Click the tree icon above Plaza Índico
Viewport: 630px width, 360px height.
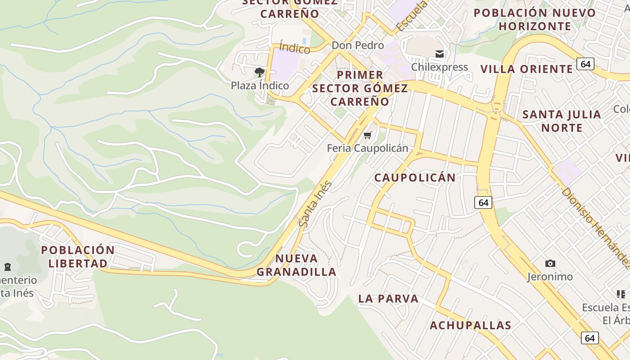pos(259,72)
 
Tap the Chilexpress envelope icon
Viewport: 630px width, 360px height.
pos(440,54)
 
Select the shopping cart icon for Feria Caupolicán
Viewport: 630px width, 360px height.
pos(368,135)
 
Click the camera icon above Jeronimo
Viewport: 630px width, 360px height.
pos(550,263)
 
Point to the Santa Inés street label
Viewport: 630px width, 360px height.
pos(315,204)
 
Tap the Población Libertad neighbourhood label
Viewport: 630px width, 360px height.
pos(78,256)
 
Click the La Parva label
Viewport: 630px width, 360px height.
pos(388,298)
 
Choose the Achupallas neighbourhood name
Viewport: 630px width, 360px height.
pos(470,325)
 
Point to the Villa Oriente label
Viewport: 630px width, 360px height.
pos(526,69)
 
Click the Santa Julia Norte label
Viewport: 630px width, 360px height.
pos(562,121)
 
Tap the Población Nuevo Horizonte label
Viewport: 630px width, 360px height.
pos(535,19)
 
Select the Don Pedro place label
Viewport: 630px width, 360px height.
pos(358,45)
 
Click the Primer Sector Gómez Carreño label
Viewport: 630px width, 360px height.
pos(360,88)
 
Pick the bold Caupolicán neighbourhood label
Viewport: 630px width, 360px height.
pos(415,177)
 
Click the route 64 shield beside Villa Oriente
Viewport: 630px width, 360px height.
pos(585,64)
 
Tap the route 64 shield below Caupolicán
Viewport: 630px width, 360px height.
pos(483,202)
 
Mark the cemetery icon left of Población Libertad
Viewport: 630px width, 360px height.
pos(7,267)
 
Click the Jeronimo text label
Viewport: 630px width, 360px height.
pos(550,276)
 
